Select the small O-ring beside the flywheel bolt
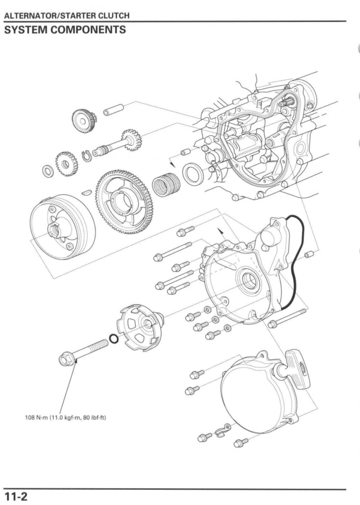coord(113,340)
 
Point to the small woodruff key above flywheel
coord(87,192)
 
